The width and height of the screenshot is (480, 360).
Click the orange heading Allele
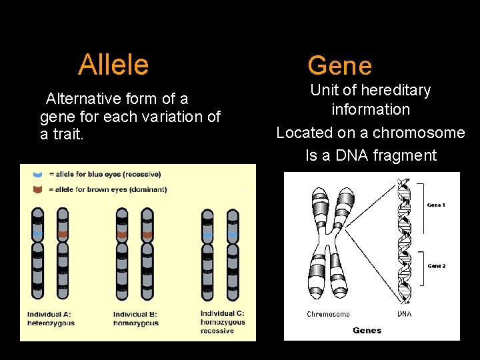(113, 65)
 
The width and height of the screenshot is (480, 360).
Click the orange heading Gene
(339, 66)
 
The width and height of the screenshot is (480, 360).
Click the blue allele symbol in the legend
(37, 174)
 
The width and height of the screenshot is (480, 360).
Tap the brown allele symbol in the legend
(37, 189)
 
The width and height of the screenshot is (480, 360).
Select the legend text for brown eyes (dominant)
(108, 189)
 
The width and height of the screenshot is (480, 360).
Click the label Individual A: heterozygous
(51, 319)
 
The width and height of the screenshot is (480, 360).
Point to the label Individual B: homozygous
(136, 319)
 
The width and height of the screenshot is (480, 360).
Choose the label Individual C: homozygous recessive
(223, 322)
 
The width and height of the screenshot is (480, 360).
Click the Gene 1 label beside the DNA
(436, 205)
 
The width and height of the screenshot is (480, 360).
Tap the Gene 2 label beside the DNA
(436, 265)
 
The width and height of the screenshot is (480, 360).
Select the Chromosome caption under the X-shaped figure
(328, 314)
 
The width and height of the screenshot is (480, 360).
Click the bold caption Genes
(367, 330)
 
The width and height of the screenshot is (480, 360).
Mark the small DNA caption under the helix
(404, 314)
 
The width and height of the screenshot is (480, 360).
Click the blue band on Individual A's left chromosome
(38, 235)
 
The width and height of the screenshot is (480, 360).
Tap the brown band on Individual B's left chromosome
(122, 235)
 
